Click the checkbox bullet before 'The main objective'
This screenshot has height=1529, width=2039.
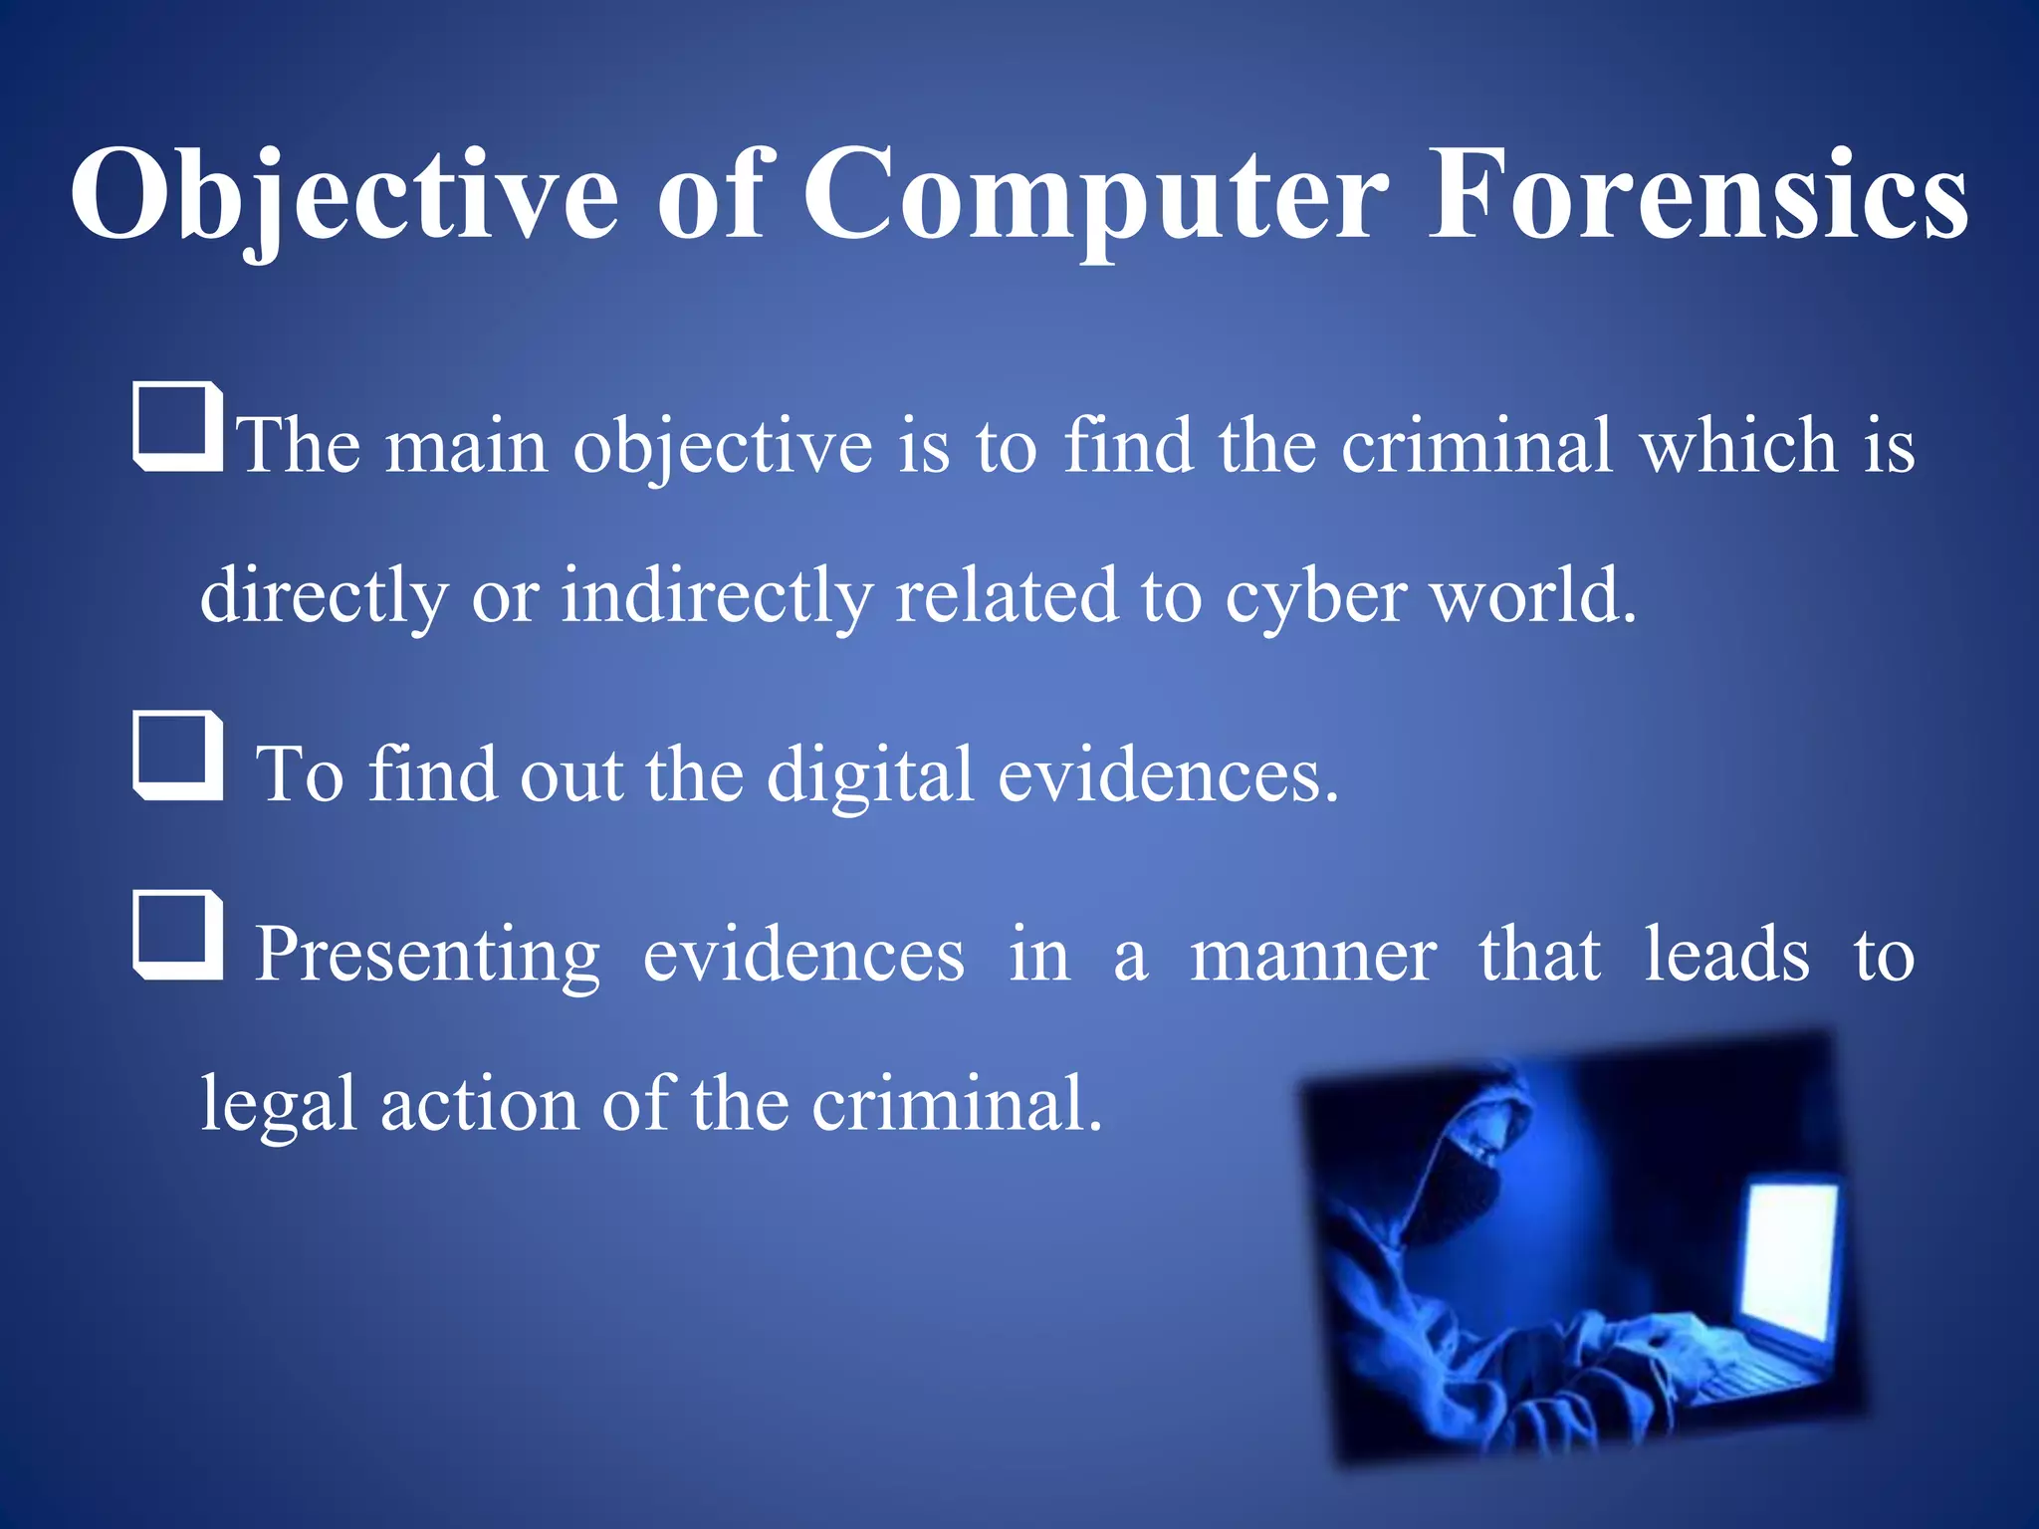tap(178, 426)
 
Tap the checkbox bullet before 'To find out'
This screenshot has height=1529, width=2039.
tap(178, 756)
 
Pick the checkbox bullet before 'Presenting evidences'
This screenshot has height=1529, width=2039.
tap(178, 936)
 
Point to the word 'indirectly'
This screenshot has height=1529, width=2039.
tap(717, 595)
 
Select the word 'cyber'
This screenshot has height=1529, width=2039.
tap(1315, 595)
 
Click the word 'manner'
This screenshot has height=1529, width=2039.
tap(1313, 954)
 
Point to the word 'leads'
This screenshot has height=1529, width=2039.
tap(1726, 954)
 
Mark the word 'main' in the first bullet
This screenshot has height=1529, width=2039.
tap(466, 445)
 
